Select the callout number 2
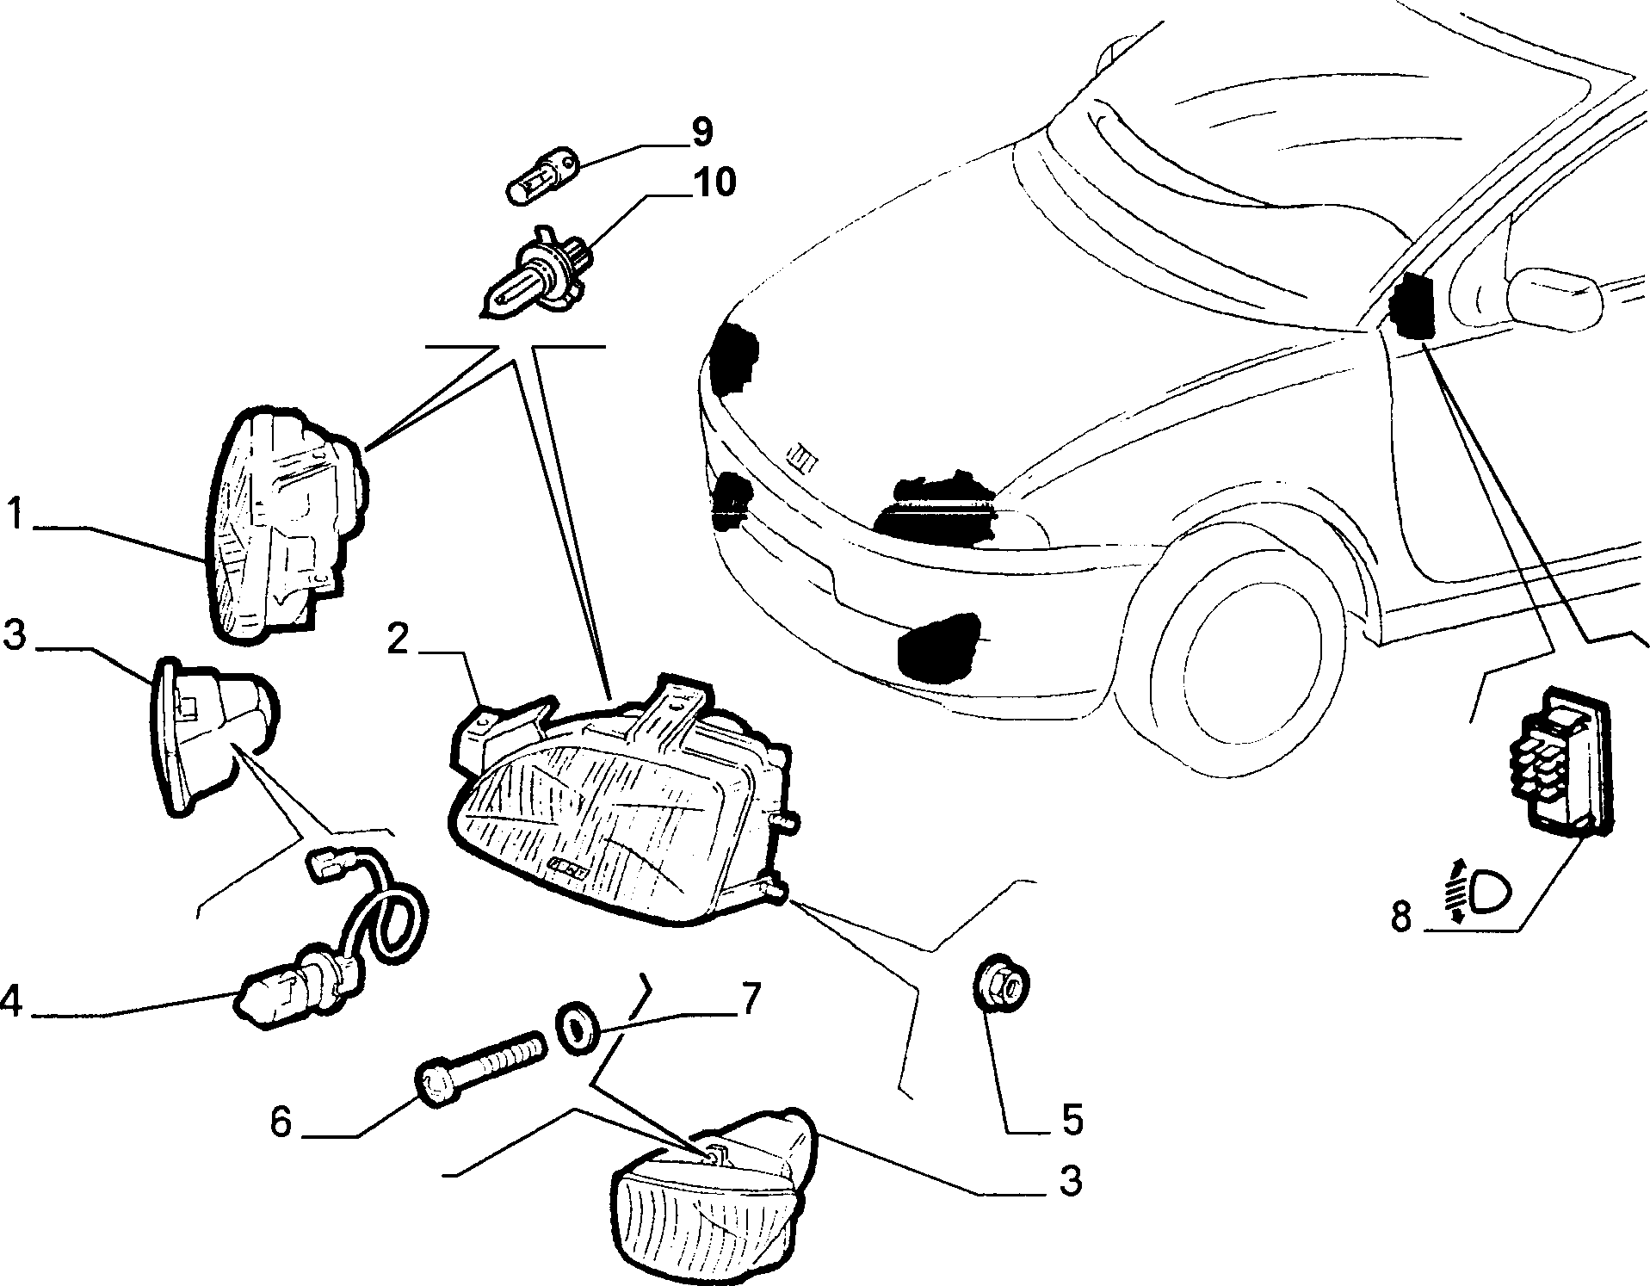[397, 640]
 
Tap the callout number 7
[750, 1000]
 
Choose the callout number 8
[1402, 918]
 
